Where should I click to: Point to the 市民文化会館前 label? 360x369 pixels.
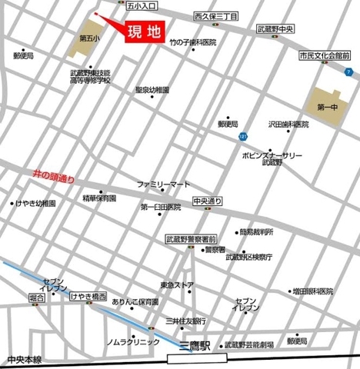(x=324, y=56)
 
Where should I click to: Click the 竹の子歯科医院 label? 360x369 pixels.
(x=193, y=43)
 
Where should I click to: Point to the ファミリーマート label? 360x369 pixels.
(x=162, y=185)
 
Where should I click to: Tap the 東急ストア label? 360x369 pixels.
(x=177, y=285)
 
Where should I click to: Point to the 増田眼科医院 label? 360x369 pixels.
(x=312, y=291)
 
